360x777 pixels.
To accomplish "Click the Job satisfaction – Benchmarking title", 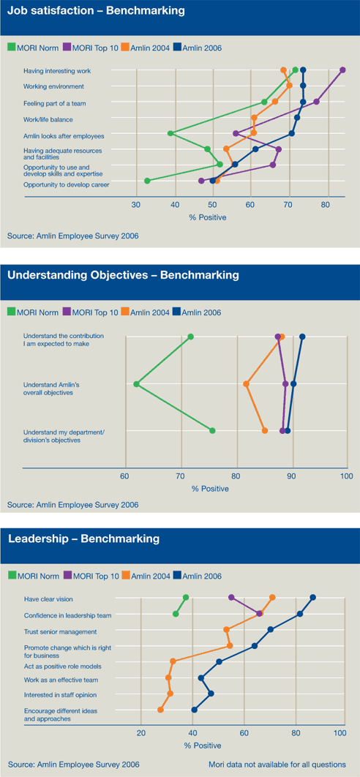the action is pos(96,11).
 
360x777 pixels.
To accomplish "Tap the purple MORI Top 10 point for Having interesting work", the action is pos(342,70).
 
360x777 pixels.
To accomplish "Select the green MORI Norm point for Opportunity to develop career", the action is pos(147,181).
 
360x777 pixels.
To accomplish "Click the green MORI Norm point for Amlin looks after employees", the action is pos(170,133).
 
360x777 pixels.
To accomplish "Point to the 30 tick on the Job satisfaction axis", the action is pos(136,205).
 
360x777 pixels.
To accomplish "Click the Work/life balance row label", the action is pos(48,119).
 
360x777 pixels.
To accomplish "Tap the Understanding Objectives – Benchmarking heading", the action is pos(123,275).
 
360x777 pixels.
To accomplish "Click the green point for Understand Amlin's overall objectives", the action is pos(136,384).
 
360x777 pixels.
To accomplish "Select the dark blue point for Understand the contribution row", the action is pos(302,337).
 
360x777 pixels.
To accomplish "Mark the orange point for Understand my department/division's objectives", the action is pos(265,431).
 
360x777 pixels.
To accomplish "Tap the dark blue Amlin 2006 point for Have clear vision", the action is pos(312,598).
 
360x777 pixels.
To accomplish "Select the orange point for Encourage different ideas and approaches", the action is pos(161,710).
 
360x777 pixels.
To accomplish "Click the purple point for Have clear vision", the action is pos(231,598).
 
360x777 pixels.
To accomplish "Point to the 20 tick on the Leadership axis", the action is pos(140,733).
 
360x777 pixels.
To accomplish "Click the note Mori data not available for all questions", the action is pos(277,764).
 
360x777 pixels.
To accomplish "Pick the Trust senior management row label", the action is pos(61,632).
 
